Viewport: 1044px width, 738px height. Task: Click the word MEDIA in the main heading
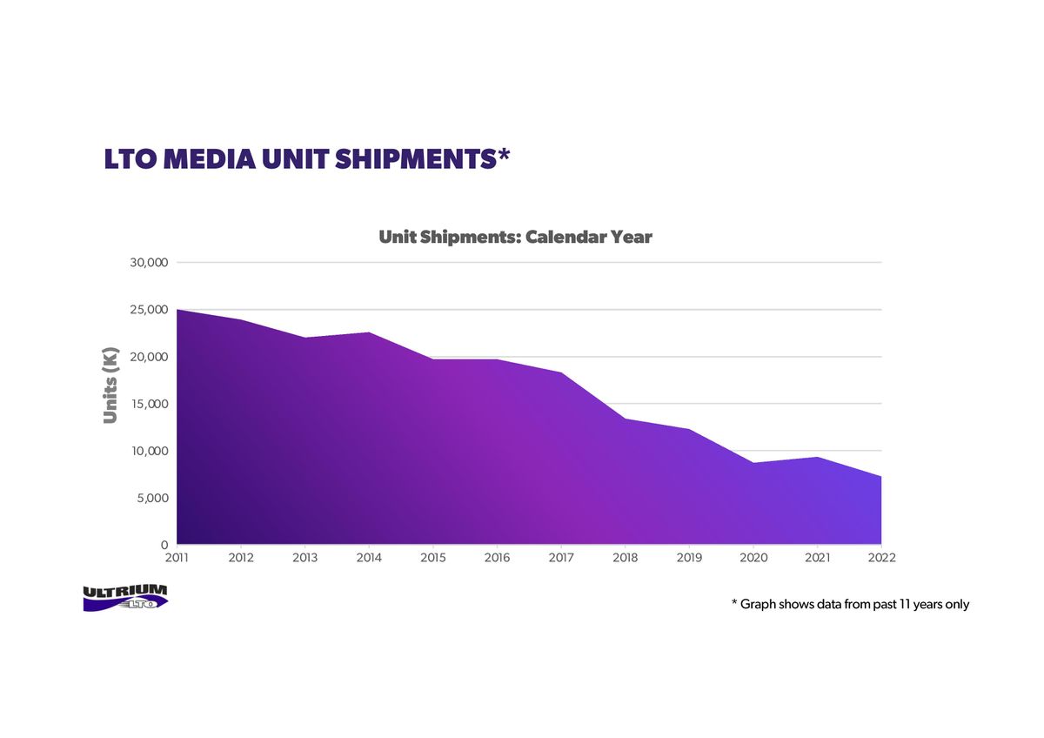[210, 159]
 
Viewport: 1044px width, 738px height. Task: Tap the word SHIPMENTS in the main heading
[416, 159]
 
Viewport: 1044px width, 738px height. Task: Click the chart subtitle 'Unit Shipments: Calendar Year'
[515, 238]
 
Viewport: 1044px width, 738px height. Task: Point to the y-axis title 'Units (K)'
[110, 386]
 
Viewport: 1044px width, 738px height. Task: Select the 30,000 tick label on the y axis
[149, 263]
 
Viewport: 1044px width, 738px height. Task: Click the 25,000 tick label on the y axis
[149, 310]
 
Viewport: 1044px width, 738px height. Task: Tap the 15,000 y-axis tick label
[150, 404]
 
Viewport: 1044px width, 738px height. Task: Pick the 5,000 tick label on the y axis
[153, 499]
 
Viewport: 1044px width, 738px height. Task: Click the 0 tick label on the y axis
[164, 545]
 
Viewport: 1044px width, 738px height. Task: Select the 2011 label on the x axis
[177, 558]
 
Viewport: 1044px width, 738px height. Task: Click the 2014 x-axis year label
[369, 558]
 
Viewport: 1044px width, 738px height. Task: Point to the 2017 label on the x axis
[561, 558]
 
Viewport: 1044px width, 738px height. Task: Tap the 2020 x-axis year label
[753, 558]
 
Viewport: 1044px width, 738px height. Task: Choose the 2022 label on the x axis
[882, 558]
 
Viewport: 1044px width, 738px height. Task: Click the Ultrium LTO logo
[125, 598]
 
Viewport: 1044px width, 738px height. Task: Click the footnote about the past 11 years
[850, 604]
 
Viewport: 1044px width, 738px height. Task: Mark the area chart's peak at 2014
[369, 332]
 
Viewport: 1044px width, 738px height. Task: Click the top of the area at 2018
[626, 419]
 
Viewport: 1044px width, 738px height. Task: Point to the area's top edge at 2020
[753, 463]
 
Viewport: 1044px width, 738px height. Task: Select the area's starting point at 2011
[177, 310]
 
